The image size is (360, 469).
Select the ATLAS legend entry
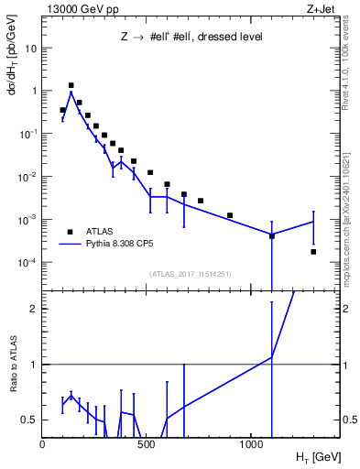tap(101, 232)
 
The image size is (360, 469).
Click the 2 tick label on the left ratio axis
tap(34, 309)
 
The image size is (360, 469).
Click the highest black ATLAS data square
tap(71, 85)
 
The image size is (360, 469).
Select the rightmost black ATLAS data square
tap(313, 251)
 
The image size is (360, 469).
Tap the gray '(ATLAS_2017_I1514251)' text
tap(190, 273)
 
